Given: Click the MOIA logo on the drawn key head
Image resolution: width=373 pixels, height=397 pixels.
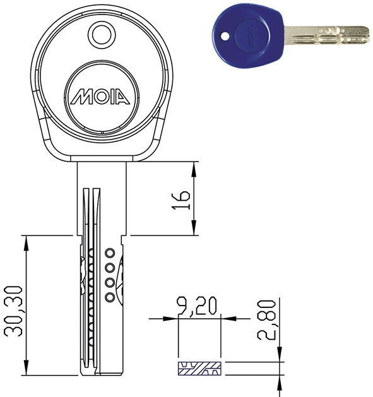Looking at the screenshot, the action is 100,96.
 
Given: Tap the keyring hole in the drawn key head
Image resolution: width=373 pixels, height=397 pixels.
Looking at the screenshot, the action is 102,35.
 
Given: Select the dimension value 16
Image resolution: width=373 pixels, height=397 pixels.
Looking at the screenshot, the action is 181,200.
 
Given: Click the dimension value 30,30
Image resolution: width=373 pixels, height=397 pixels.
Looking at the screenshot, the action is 13,311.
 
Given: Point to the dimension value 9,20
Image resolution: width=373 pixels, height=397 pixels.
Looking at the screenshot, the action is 197,306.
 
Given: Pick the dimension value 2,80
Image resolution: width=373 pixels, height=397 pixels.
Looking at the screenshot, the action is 266,320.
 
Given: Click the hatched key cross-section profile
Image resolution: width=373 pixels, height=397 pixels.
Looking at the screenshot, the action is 199,369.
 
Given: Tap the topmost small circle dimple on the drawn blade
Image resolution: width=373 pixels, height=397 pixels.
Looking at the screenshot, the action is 110,253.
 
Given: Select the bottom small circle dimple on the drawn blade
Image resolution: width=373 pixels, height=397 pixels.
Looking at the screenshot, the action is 110,297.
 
